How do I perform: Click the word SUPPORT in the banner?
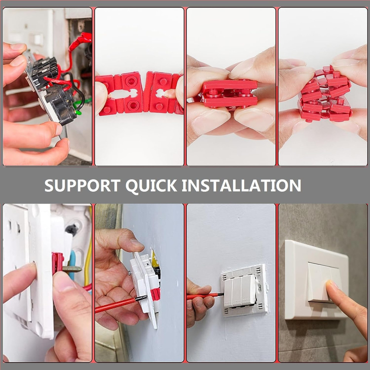[x=83, y=185]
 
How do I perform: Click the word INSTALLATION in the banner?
[x=241, y=185]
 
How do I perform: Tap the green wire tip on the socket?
[x=79, y=112]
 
